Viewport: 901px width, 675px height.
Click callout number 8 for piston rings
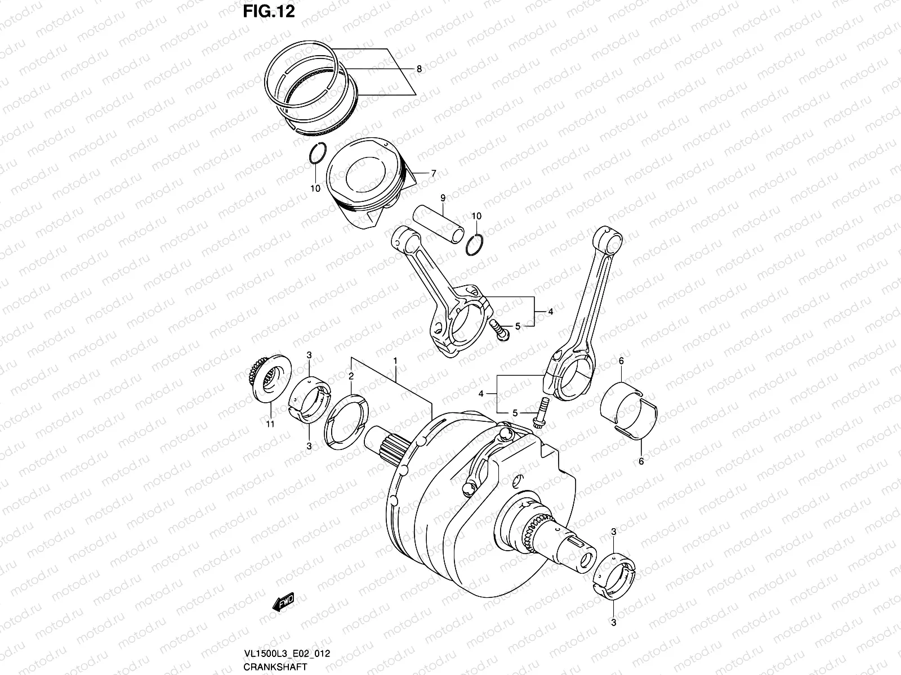(x=418, y=69)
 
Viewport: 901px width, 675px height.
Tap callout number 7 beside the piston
(x=433, y=174)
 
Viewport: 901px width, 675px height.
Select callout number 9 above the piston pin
(x=443, y=197)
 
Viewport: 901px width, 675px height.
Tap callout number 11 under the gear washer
(x=270, y=424)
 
